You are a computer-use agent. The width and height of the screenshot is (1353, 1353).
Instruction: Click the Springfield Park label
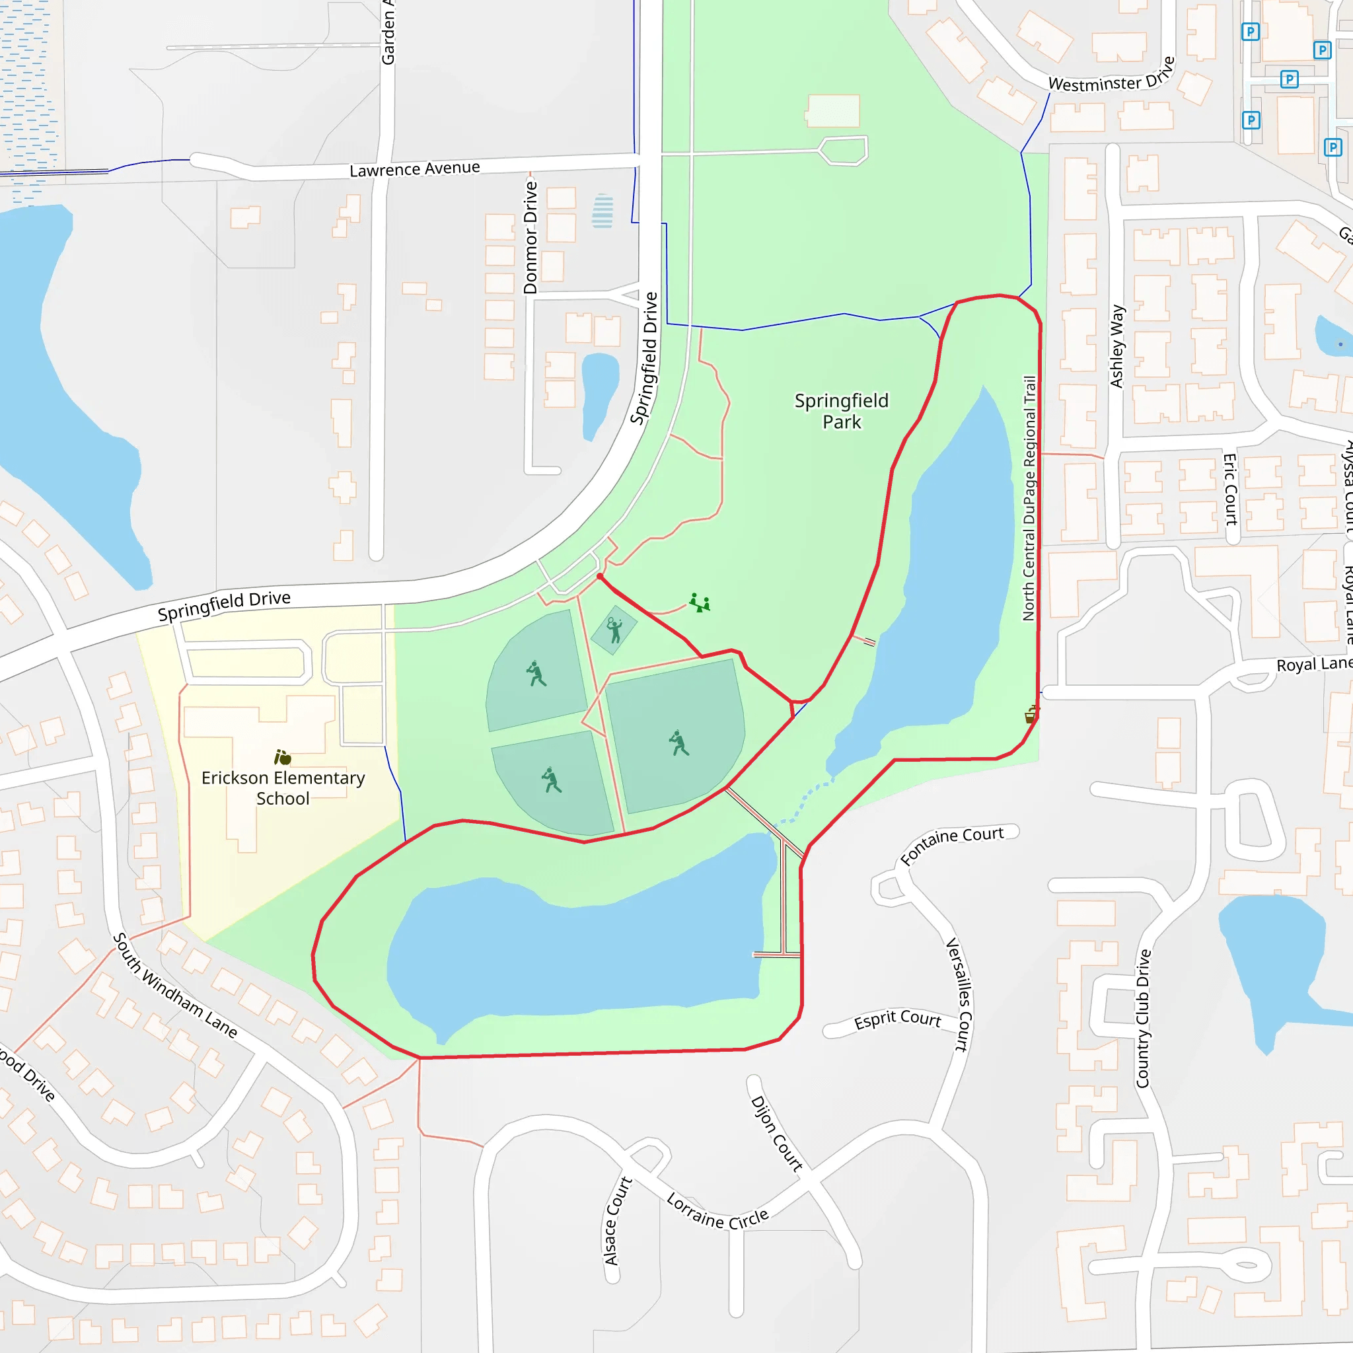(x=841, y=411)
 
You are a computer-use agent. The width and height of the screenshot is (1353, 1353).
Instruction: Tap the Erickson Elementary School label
(x=283, y=788)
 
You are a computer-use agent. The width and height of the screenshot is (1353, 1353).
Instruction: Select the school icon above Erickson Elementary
(x=282, y=757)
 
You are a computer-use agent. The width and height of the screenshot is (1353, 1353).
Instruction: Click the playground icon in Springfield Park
(x=700, y=603)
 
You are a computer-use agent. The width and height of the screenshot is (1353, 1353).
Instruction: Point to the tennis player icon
(x=614, y=630)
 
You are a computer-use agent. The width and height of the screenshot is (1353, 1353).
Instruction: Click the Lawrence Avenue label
(x=415, y=168)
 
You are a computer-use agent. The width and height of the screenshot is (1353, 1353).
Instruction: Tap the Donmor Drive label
(x=531, y=237)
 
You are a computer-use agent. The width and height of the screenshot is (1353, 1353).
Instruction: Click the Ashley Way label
(x=1117, y=346)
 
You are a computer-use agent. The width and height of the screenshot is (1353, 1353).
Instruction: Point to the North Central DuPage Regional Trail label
(x=1029, y=498)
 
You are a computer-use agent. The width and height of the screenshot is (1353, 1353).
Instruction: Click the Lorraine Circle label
(x=717, y=1212)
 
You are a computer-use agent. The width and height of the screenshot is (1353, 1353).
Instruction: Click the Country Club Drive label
(x=1143, y=1018)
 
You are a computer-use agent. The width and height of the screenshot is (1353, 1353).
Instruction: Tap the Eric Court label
(x=1229, y=489)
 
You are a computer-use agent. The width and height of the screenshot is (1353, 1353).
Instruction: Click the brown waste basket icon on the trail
(x=1031, y=714)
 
